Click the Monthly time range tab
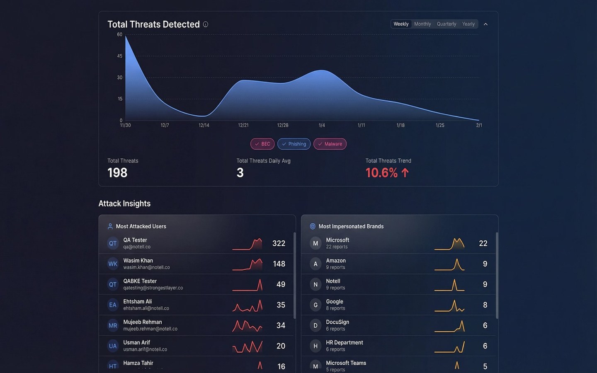coord(422,24)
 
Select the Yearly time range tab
coord(468,24)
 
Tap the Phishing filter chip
coord(294,144)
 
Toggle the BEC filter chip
coord(262,144)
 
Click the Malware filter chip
coord(330,144)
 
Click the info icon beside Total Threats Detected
coord(206,24)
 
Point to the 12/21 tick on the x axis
coord(243,125)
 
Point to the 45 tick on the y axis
coord(120,56)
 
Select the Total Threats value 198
coord(117,173)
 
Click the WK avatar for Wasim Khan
coord(113,264)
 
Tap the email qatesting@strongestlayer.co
coord(153,288)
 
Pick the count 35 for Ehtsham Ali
coord(281,305)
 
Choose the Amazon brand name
coord(336,261)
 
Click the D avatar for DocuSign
coord(315,326)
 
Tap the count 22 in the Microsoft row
coord(483,243)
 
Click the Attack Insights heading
coord(124,203)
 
